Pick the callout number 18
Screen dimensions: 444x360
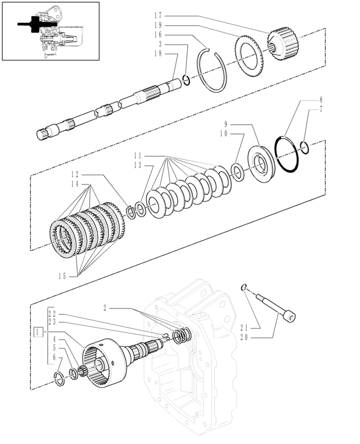158,53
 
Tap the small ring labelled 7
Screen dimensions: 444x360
304,147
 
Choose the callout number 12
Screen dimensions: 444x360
75,175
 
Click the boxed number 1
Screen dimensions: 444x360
38,331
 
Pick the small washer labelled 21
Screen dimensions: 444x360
245,287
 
